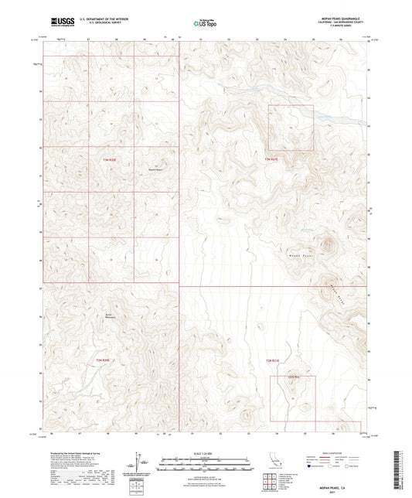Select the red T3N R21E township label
[271, 159]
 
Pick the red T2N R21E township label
[272, 360]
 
